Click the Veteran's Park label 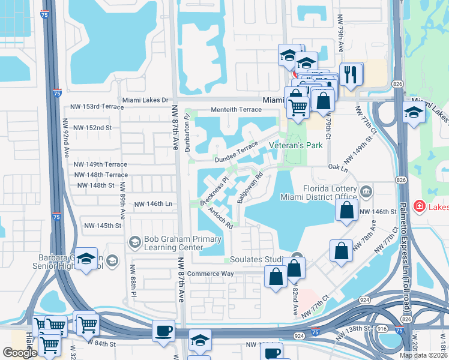pyautogui.click(x=296, y=145)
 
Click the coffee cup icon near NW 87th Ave pyautogui.click(x=163, y=331)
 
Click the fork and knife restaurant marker pyautogui.click(x=351, y=74)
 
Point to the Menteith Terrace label pyautogui.click(x=236, y=110)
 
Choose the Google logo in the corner pyautogui.click(x=20, y=353)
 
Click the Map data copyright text pyautogui.click(x=423, y=355)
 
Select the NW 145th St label pyautogui.click(x=103, y=226)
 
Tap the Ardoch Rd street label pyautogui.click(x=221, y=217)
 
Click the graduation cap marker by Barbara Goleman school pyautogui.click(x=86, y=260)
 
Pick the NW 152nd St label pyautogui.click(x=92, y=128)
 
